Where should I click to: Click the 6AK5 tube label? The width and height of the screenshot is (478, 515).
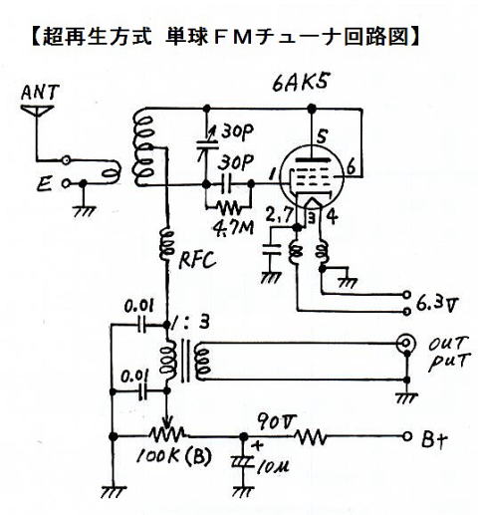pyautogui.click(x=301, y=83)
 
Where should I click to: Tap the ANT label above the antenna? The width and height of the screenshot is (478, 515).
pyautogui.click(x=40, y=92)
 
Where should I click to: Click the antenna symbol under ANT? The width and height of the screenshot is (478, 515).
pyautogui.click(x=37, y=111)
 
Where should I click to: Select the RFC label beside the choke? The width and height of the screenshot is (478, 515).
pyautogui.click(x=198, y=259)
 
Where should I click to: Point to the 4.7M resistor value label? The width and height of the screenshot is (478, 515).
pyautogui.click(x=233, y=227)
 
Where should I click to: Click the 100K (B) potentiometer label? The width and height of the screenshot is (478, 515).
pyautogui.click(x=173, y=456)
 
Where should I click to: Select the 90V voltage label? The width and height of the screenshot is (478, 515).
pyautogui.click(x=276, y=422)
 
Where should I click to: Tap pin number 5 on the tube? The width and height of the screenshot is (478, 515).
pyautogui.click(x=322, y=135)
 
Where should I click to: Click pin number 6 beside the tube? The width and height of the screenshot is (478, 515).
pyautogui.click(x=352, y=166)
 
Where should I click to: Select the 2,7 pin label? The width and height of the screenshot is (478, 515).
pyautogui.click(x=279, y=215)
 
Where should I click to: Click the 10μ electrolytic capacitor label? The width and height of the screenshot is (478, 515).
pyautogui.click(x=273, y=467)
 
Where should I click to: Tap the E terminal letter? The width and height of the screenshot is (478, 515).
pyautogui.click(x=44, y=183)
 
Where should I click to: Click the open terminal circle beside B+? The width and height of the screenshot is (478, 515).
pyautogui.click(x=407, y=436)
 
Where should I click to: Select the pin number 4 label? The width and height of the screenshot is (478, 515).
pyautogui.click(x=333, y=216)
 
